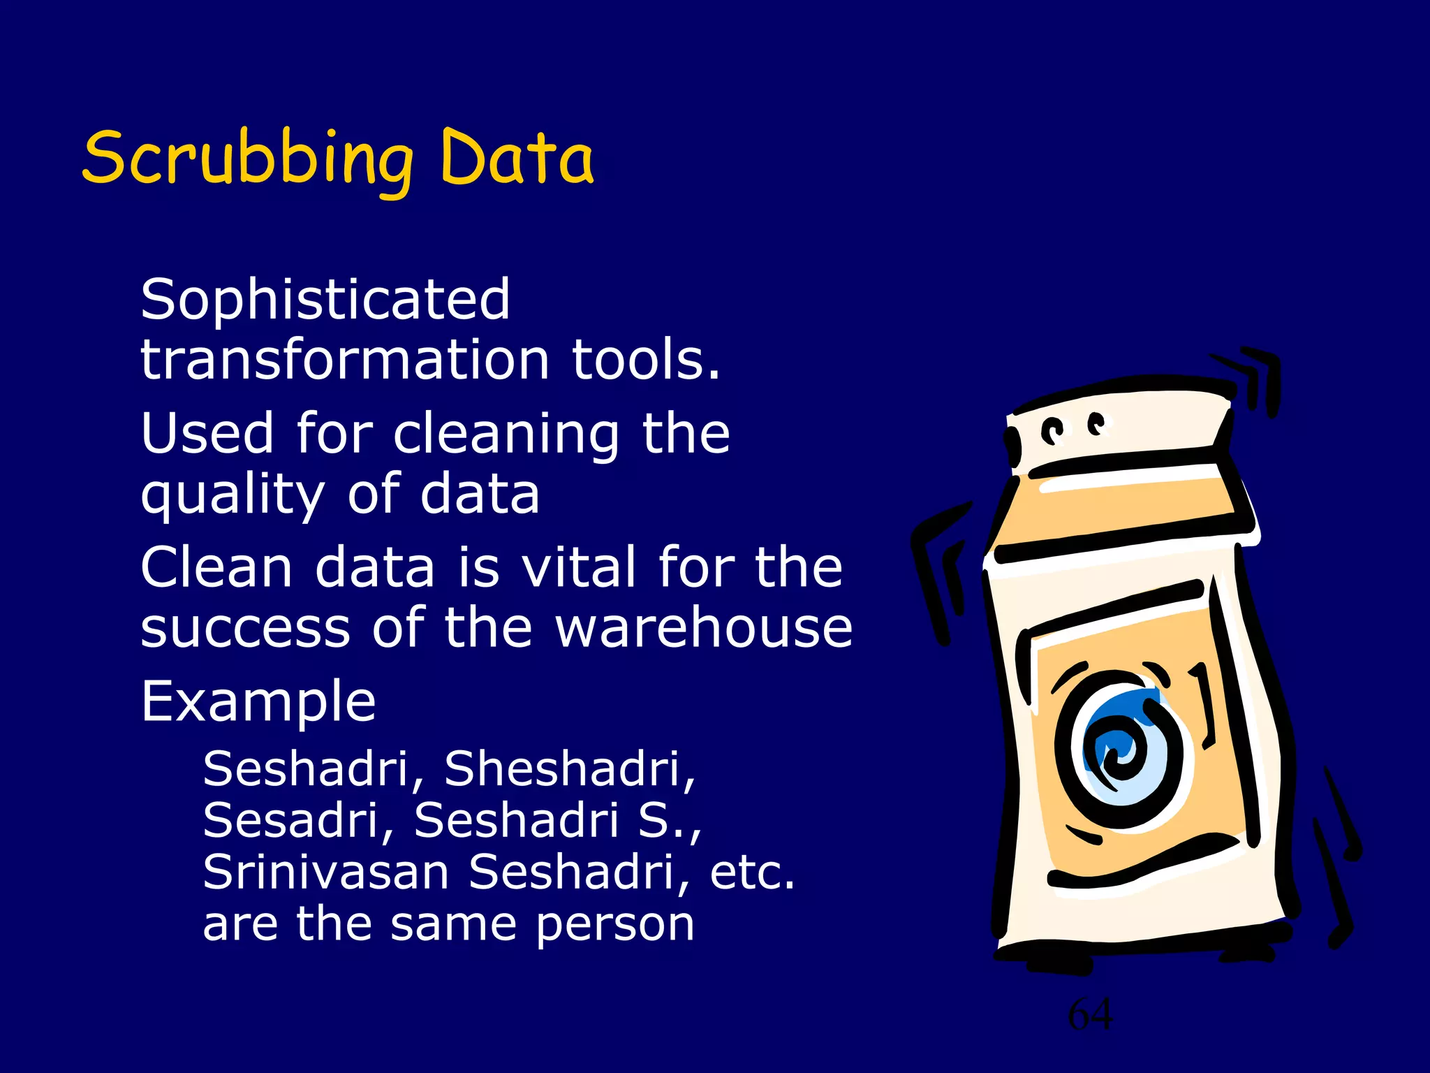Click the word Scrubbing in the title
click(x=248, y=159)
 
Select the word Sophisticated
click(x=325, y=300)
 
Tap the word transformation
click(x=345, y=360)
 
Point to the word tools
click(x=646, y=360)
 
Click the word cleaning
click(x=506, y=434)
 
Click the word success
click(x=245, y=627)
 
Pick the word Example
click(x=258, y=701)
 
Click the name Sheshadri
click(x=570, y=768)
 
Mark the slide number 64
click(x=1091, y=1014)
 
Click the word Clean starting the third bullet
click(x=216, y=567)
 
